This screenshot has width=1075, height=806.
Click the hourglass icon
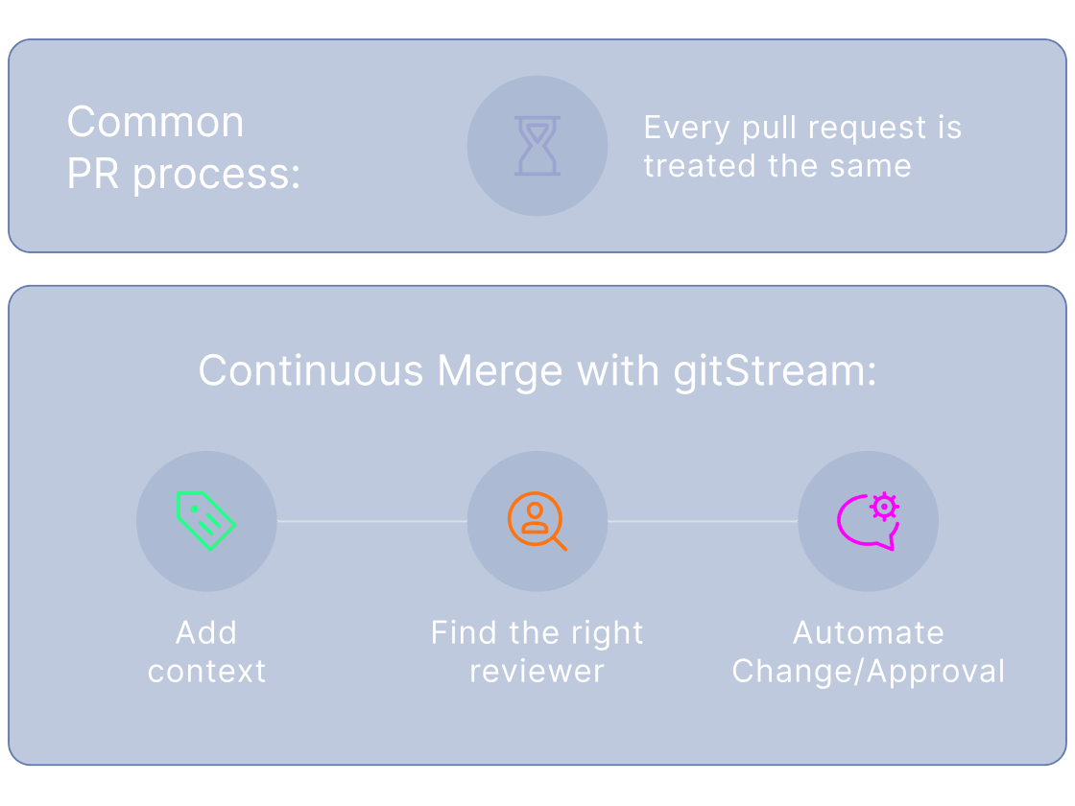click(537, 146)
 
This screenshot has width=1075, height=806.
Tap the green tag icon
click(205, 520)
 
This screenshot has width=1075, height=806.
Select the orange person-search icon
click(536, 520)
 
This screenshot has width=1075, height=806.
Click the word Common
click(155, 123)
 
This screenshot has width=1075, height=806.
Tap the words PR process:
click(183, 175)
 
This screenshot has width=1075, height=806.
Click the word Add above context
click(206, 632)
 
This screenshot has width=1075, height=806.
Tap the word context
click(206, 671)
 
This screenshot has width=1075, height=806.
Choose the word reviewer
click(537, 671)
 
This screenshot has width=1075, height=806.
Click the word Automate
click(868, 632)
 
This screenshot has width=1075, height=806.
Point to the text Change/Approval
click(868, 671)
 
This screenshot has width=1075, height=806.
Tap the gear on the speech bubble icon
click(883, 506)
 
